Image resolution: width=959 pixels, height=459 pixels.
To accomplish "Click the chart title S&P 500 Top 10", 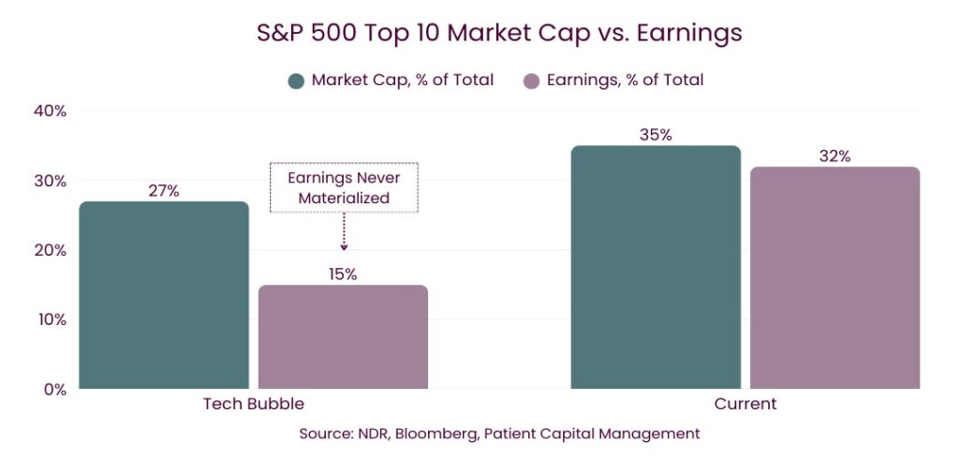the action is click(x=499, y=33).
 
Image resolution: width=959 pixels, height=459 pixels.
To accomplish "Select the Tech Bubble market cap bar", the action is click(x=164, y=295).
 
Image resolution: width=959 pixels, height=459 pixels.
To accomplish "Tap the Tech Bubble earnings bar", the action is click(x=343, y=336).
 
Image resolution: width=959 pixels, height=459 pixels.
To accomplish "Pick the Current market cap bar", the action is click(x=656, y=267).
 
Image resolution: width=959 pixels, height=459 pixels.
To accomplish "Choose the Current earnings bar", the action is click(x=834, y=277).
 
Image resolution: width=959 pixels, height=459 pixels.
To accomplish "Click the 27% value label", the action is click(x=164, y=191).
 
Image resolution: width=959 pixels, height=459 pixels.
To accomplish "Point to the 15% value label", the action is click(x=343, y=274).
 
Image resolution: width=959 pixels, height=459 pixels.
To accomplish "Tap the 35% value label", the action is click(x=656, y=135).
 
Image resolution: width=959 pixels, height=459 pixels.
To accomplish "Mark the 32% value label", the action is click(x=834, y=156).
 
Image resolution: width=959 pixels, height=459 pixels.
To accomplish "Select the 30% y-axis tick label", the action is click(x=48, y=181).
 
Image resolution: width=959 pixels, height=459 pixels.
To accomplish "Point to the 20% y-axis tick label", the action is click(x=48, y=250).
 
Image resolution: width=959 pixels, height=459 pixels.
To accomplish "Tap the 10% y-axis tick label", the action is click(x=49, y=319).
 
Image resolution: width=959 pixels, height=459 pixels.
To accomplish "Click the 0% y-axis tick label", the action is click(x=52, y=390).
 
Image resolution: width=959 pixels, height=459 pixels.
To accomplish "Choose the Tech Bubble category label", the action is click(x=254, y=404).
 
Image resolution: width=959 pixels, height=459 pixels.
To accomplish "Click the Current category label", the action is click(x=745, y=404).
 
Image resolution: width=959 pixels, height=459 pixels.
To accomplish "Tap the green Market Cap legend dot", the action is click(x=296, y=81).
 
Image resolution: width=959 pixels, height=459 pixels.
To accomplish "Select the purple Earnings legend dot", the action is click(x=532, y=81).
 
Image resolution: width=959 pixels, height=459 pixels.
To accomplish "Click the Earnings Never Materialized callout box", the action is click(x=344, y=187).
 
